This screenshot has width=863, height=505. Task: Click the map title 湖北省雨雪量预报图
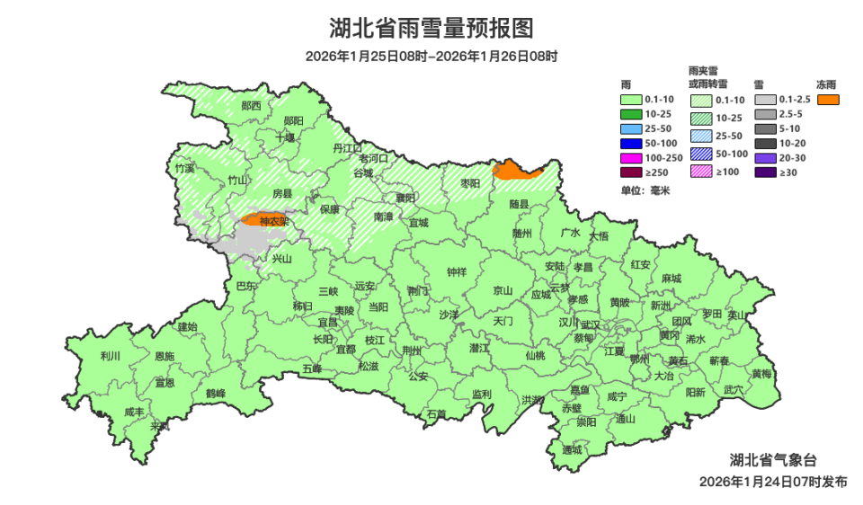(x=431, y=29)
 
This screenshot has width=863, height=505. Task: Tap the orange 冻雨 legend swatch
(x=828, y=98)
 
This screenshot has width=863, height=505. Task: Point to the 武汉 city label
(x=591, y=324)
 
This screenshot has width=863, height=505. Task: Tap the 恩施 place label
(x=165, y=357)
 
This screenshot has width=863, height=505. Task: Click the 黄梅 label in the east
(x=761, y=374)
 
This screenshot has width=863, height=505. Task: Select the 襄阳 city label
(x=405, y=198)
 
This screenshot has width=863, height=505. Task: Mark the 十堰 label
(x=285, y=137)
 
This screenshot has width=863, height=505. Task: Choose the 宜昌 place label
(x=327, y=322)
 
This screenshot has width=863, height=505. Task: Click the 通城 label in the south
(x=572, y=449)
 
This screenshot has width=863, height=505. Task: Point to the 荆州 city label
(x=412, y=350)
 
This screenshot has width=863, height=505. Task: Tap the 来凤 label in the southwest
(x=160, y=426)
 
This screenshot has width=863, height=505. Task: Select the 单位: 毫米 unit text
(x=645, y=191)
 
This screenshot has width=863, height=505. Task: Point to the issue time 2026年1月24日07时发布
(x=772, y=482)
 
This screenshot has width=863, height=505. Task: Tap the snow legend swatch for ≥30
(x=765, y=172)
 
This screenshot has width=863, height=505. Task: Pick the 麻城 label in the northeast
(x=671, y=279)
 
